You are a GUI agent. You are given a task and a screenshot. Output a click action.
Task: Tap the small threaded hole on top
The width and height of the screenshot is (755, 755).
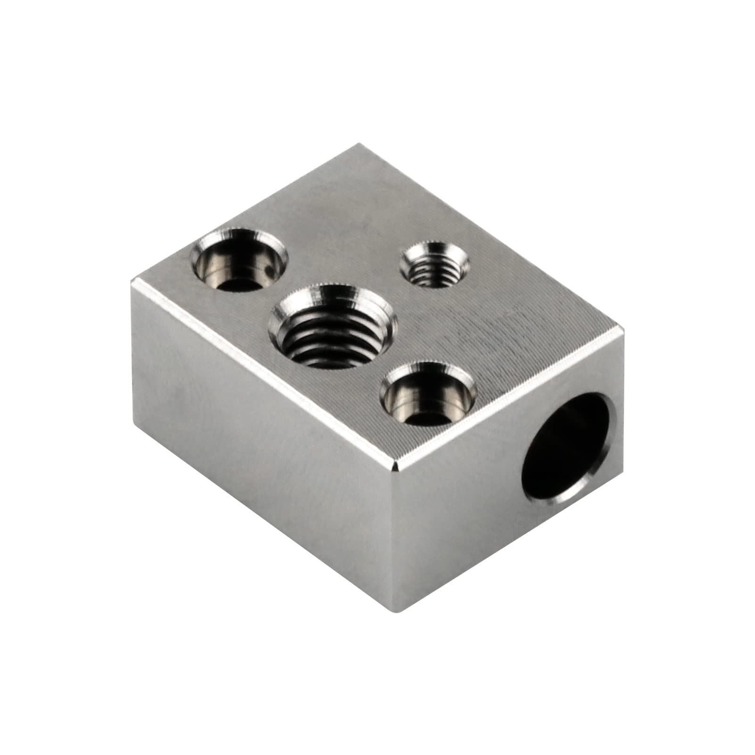point(434,264)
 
